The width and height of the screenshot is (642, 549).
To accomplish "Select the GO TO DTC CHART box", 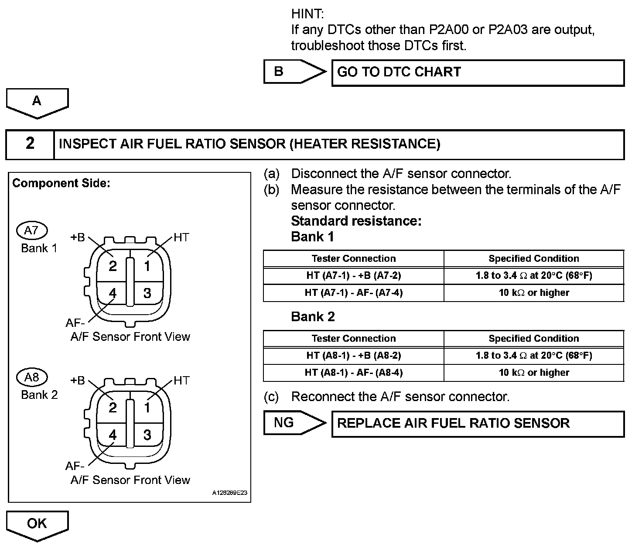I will tap(478, 72).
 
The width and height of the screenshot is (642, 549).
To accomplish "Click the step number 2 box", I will tap(30, 144).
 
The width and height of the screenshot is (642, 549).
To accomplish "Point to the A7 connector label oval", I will tap(31, 230).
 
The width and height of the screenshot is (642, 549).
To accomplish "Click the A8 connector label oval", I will tap(31, 377).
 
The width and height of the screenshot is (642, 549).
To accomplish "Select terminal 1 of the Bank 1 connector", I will tap(147, 266).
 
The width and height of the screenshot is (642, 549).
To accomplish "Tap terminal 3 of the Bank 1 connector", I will tap(147, 293).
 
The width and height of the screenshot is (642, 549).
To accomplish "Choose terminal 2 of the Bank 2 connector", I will tap(113, 408).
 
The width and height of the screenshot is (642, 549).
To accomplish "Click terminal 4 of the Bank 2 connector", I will tap(113, 435).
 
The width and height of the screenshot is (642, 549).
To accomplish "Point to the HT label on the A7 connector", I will tap(181, 237).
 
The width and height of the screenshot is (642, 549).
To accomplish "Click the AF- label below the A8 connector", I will tap(75, 466).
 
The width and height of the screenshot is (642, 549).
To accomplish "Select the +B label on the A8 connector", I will tap(78, 381).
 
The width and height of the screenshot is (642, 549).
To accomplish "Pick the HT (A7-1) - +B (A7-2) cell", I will tap(353, 275).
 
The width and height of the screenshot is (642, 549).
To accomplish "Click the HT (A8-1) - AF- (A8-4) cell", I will tap(353, 373).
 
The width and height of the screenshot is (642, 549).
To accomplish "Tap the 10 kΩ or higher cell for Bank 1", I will tap(534, 293).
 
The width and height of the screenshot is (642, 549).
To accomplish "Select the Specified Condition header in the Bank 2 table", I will tap(534, 339).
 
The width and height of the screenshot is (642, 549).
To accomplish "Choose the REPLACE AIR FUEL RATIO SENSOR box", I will tap(478, 424).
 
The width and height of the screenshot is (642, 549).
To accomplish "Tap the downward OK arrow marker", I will tap(37, 525).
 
